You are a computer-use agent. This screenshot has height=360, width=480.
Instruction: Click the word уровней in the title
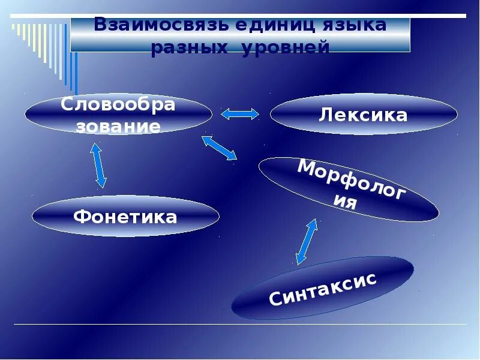pyautogui.click(x=286, y=48)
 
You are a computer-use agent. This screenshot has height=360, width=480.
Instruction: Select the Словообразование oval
pyautogui.click(x=118, y=114)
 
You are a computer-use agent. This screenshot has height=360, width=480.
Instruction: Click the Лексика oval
pyautogui.click(x=364, y=114)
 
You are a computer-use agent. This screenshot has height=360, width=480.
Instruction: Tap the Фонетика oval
pyautogui.click(x=125, y=216)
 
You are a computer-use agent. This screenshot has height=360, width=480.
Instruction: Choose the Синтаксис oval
pyautogui.click(x=323, y=289)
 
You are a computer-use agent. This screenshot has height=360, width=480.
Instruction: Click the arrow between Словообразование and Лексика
pyautogui.click(x=240, y=113)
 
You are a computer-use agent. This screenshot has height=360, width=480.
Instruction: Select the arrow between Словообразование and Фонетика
pyautogui.click(x=98, y=164)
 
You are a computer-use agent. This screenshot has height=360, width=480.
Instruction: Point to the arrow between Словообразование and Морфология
pyautogui.click(x=219, y=148)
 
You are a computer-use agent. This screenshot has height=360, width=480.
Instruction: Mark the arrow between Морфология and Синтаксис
pyautogui.click(x=306, y=241)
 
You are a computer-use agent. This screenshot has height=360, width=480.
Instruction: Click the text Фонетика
pyautogui.click(x=125, y=217)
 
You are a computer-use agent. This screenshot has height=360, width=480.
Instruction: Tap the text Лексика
pyautogui.click(x=364, y=115)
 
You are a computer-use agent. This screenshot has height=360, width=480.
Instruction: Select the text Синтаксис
pyautogui.click(x=323, y=289)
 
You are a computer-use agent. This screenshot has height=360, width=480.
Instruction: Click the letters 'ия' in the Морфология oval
pyautogui.click(x=346, y=202)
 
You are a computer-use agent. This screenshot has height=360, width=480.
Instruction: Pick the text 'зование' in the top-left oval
pyautogui.click(x=118, y=127)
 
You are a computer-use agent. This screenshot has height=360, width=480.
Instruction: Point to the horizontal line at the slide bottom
pyautogui.click(x=240, y=325)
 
